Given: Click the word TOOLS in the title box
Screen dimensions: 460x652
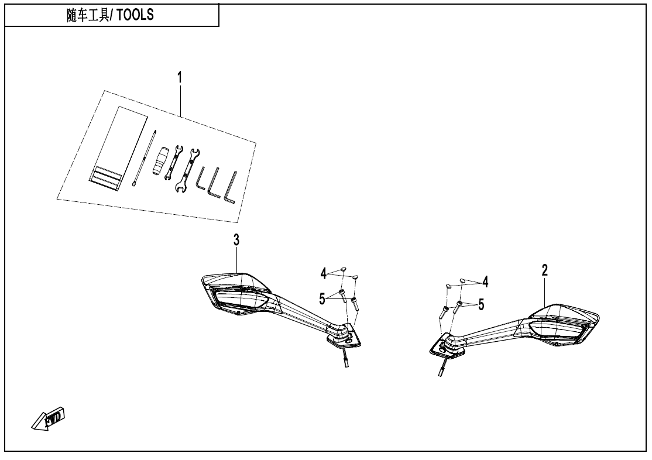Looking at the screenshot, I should tap(135, 16).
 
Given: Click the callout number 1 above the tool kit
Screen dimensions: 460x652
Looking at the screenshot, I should tap(180, 77).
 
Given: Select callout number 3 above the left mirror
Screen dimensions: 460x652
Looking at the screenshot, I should tap(236, 239).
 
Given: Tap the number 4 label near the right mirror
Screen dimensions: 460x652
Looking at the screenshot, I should tap(485, 283).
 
